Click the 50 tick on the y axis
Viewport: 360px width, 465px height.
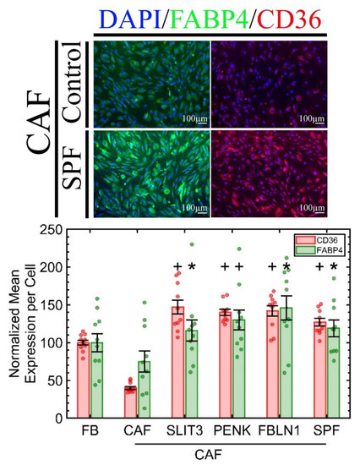pos(59,380)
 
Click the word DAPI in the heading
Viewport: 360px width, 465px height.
pos(124,14)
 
